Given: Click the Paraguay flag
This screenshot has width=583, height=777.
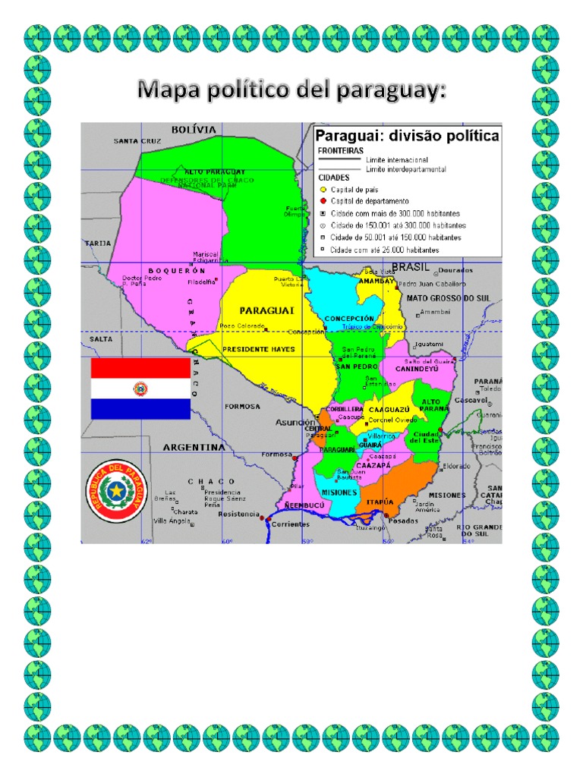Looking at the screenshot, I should [140, 389].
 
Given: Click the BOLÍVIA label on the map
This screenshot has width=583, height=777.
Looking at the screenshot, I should [194, 130].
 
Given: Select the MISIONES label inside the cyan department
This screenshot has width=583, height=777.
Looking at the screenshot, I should [339, 492].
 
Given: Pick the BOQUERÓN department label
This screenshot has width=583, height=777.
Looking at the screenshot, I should [177, 270].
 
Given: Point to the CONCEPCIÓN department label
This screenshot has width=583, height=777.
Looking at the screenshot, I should [349, 318].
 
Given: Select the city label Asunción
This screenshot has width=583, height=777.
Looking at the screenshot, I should [295, 422].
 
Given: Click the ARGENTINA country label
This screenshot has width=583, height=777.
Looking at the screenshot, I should [194, 447].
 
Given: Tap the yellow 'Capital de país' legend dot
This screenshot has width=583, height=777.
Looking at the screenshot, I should [323, 190].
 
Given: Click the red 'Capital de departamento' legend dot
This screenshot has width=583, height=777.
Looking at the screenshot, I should [323, 201].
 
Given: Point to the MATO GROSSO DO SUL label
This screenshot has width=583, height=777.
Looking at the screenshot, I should [449, 298].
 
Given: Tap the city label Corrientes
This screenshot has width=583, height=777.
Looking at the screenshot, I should [291, 524].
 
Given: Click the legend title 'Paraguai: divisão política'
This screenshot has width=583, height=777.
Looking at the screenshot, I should [407, 136].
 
